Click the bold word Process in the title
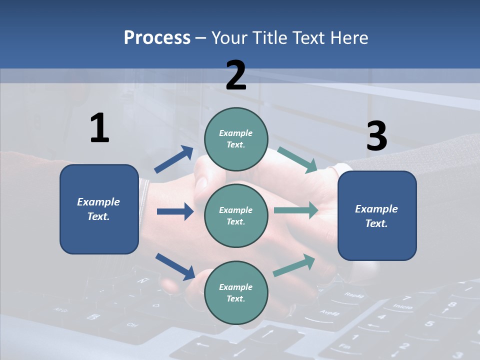click(157, 38)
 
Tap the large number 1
click(99, 128)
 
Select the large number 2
click(236, 75)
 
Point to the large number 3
click(376, 136)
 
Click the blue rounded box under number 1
click(99, 209)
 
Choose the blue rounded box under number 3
click(377, 216)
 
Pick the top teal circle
click(236, 138)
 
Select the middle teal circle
click(236, 215)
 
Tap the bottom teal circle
click(236, 292)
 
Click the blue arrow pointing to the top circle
click(174, 159)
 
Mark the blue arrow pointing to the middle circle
click(175, 211)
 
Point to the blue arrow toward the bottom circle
click(175, 266)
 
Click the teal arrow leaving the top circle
click(297, 159)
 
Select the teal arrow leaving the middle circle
click(296, 210)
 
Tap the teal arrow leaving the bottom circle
click(294, 265)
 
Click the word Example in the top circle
click(236, 133)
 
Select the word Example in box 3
click(376, 209)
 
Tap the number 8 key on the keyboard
click(452, 304)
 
